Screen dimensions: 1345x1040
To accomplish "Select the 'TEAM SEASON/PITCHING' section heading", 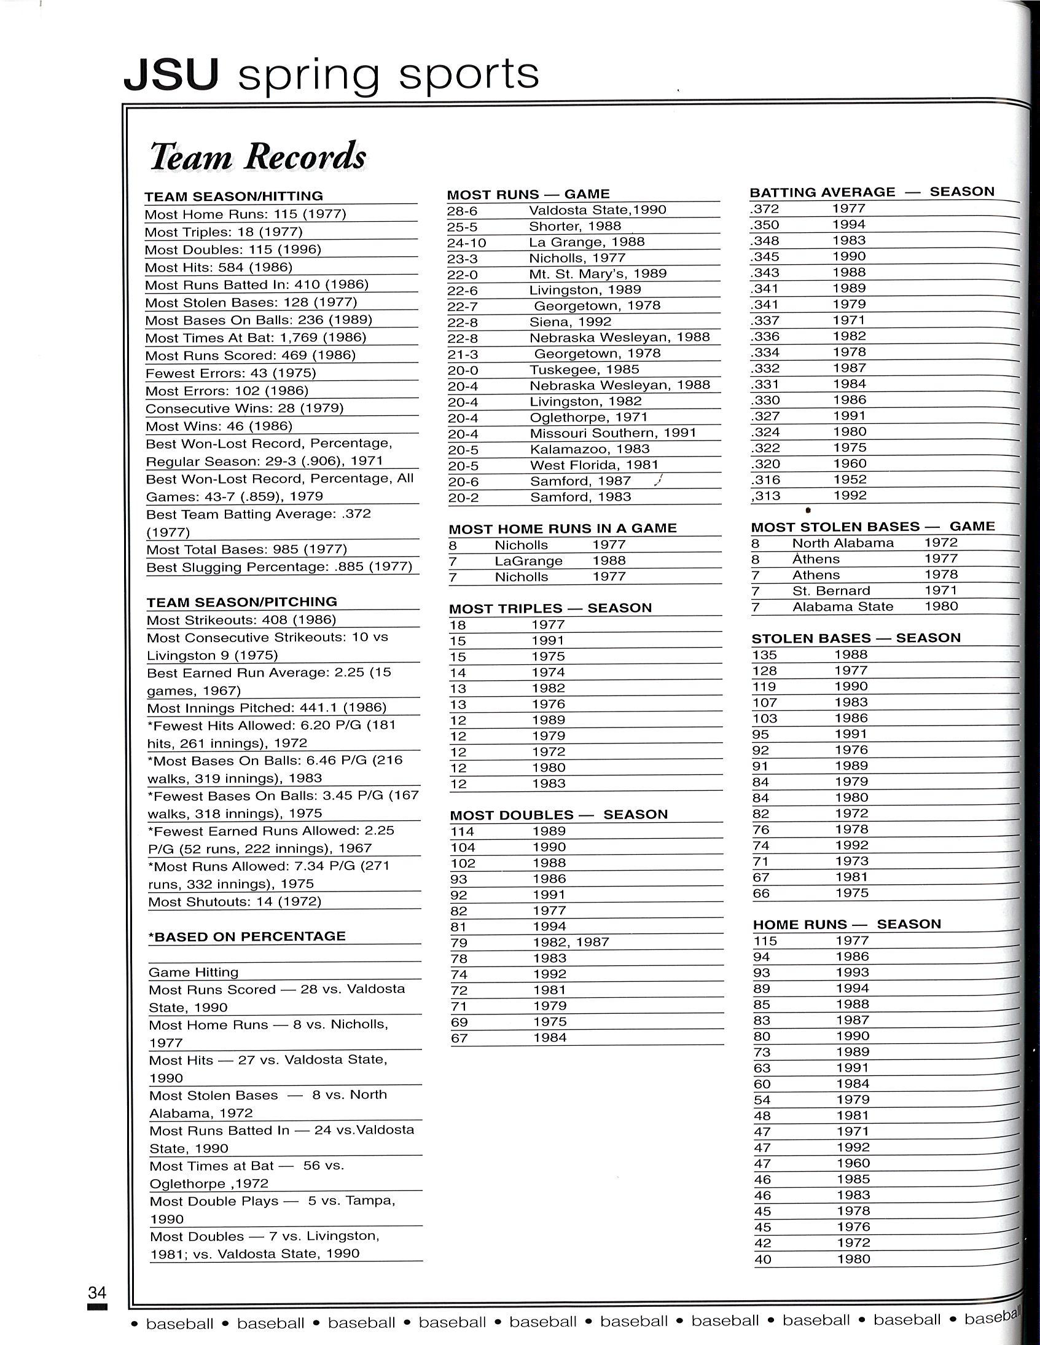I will pos(242,602).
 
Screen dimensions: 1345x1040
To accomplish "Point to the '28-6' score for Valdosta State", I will pos(463,210).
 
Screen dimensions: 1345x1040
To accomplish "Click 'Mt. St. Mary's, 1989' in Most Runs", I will pos(598,273).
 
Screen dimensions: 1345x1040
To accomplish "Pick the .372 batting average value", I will pos(765,209).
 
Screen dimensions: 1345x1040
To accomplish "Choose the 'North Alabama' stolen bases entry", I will pos(843,543).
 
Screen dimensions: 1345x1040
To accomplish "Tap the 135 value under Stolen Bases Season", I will pos(764,654).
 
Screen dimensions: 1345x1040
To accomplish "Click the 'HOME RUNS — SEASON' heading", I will pos(846,923).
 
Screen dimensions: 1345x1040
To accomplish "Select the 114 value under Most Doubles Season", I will pos(463,831).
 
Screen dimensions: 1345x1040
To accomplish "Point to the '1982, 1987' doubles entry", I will pos(571,943).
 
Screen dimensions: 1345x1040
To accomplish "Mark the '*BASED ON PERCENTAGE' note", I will pos(247,936).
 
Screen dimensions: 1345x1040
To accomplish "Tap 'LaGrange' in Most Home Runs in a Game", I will pos(529,561).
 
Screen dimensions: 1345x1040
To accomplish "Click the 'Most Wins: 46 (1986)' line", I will pos(219,426).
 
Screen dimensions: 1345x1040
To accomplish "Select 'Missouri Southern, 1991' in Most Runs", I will pos(613,433).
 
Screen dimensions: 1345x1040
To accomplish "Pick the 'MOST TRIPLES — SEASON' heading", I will pos(550,608).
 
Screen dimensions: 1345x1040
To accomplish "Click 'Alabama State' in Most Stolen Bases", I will pos(843,606).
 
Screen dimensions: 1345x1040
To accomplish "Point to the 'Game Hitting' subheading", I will pos(194,972).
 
